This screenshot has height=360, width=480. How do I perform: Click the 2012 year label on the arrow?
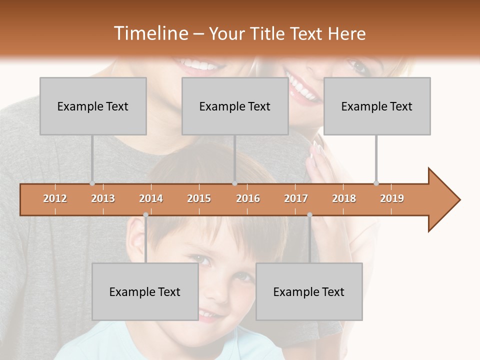tap(55, 198)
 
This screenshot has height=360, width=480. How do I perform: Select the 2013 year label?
tap(103, 198)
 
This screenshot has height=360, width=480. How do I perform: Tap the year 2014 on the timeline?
tap(151, 198)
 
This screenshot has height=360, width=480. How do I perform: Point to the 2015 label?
tap(199, 198)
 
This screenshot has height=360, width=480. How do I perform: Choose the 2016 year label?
tap(248, 198)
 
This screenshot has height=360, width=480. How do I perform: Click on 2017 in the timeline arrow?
tap(296, 198)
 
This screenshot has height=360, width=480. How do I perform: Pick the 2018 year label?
tap(344, 198)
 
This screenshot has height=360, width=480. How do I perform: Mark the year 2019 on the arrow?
tap(392, 198)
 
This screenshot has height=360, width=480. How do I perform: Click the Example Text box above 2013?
tap(93, 106)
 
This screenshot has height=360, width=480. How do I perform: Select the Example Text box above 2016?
tap(235, 106)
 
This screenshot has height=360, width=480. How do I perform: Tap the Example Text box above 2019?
tap(377, 106)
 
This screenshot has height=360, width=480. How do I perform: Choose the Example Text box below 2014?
tap(145, 291)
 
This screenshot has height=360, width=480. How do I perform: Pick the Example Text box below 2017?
tap(309, 291)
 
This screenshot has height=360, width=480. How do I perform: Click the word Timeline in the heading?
tap(150, 33)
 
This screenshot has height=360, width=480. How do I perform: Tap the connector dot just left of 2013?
tap(92, 183)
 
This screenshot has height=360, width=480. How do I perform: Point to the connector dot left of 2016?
tap(234, 183)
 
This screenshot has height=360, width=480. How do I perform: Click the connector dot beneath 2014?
tap(145, 215)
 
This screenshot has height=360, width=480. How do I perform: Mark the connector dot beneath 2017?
tap(309, 215)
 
